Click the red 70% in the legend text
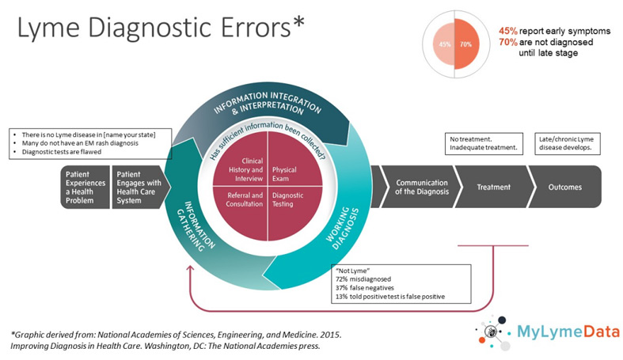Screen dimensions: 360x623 (x=507, y=42)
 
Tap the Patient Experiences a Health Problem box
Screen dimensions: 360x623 (x=85, y=187)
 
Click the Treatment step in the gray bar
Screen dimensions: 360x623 (x=493, y=188)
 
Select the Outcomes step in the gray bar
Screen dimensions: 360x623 (x=564, y=188)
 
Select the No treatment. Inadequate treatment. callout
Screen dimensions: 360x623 (x=484, y=143)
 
